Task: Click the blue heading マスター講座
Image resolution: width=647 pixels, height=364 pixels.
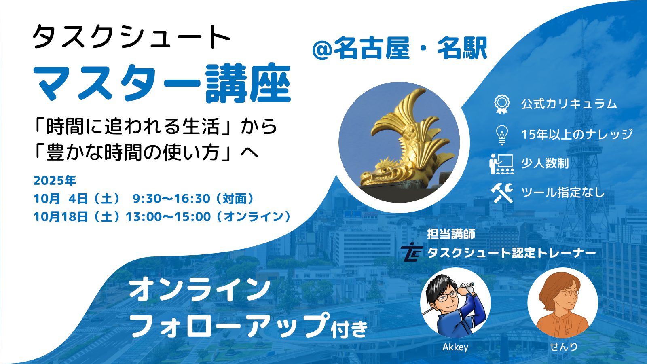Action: click(x=162, y=83)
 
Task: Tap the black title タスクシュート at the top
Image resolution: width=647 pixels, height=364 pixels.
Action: click(x=131, y=37)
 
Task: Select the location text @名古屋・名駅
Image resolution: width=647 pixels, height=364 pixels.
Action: click(x=400, y=48)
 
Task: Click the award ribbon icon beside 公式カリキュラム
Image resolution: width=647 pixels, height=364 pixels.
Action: click(x=502, y=104)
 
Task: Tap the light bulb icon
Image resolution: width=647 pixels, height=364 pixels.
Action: click(x=502, y=135)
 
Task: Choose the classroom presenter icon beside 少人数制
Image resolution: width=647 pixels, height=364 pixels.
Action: click(x=502, y=164)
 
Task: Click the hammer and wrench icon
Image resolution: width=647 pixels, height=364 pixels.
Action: click(x=502, y=193)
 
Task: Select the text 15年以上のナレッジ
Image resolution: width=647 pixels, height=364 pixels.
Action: click(x=577, y=134)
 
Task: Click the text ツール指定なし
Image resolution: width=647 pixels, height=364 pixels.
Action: click(x=562, y=193)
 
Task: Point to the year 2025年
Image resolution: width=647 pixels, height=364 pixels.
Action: click(x=55, y=180)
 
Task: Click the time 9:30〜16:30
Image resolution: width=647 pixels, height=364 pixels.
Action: click(x=171, y=199)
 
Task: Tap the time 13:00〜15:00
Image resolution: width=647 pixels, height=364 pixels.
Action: click(x=168, y=217)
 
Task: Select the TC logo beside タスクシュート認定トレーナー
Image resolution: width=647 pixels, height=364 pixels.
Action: click(x=411, y=252)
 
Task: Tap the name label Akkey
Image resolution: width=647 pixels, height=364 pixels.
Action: click(x=455, y=347)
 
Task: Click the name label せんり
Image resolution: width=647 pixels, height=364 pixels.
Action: click(x=563, y=347)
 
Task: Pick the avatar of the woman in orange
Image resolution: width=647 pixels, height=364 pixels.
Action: click(x=562, y=303)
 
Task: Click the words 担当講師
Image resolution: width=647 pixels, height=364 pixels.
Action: click(x=451, y=234)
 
